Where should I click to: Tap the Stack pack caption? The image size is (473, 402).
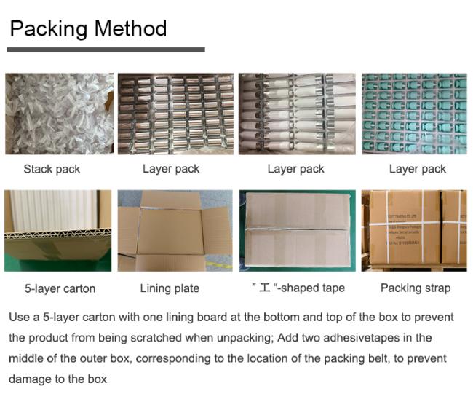(52, 169)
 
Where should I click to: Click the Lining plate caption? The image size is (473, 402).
(170, 288)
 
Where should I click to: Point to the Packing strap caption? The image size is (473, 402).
(416, 288)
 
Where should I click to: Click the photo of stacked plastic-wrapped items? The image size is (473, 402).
(59, 114)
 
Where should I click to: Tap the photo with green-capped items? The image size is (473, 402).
(414, 114)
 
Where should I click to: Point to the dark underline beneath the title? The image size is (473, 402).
(106, 50)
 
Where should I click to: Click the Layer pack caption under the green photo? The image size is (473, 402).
(418, 169)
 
